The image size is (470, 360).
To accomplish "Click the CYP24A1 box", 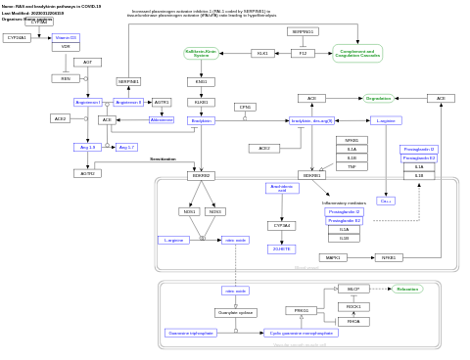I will pos(16,38).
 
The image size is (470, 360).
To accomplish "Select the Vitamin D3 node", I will pos(66,38).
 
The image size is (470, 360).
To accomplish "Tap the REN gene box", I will pos(66,78).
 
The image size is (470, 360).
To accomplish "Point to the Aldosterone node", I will pos(162,119).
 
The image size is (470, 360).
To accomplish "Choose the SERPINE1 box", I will pos(128,81).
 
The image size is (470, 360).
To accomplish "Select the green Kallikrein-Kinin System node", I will pos(201,53).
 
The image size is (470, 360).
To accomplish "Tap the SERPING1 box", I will pos(303,31).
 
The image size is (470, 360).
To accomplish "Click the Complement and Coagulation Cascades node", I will pos(357,53).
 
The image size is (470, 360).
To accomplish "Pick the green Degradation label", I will pos(378,98).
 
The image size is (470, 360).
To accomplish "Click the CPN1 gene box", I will pos(245,107).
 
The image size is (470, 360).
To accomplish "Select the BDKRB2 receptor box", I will pos(201,175).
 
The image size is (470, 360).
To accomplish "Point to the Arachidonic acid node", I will pos(282,188).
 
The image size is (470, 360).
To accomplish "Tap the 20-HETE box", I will pos(282,248).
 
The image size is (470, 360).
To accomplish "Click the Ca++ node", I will pos(386,201).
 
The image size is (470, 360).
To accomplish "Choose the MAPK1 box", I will pos(333,257).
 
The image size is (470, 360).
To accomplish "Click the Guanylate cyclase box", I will pos(236,312).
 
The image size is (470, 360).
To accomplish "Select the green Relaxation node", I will pos(407,289).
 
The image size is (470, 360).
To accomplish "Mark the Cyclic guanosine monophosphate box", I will pos(301,333).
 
